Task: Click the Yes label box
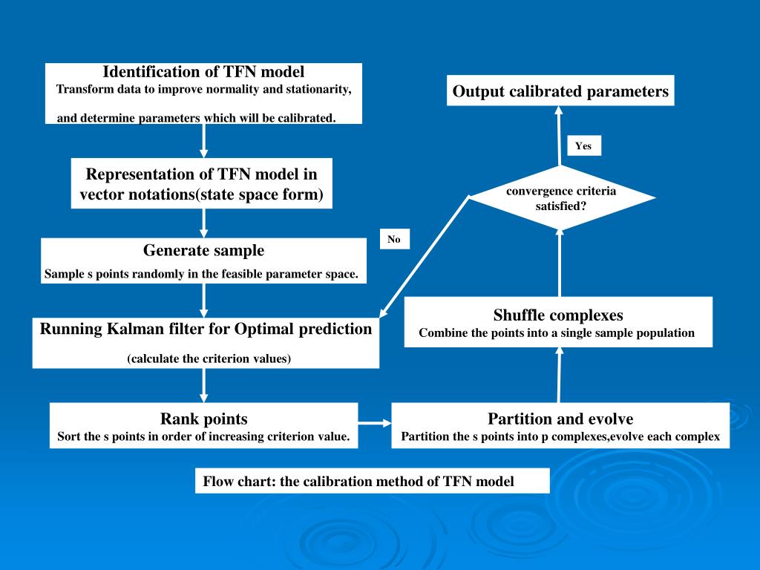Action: tap(583, 146)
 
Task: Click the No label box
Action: tap(393, 240)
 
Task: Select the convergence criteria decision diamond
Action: tap(562, 198)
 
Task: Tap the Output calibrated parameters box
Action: tap(560, 91)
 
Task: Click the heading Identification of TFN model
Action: tap(203, 72)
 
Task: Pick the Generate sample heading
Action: tap(203, 250)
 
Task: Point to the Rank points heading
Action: tap(203, 419)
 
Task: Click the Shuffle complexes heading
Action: tap(558, 315)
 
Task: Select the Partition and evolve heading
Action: tap(560, 419)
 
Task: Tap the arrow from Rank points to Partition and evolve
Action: tap(375, 424)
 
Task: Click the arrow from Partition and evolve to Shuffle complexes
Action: tap(560, 375)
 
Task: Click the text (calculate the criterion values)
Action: tap(209, 359)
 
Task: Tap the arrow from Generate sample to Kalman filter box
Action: tap(204, 300)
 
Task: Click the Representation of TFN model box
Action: tap(201, 185)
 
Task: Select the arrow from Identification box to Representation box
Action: tap(204, 140)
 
